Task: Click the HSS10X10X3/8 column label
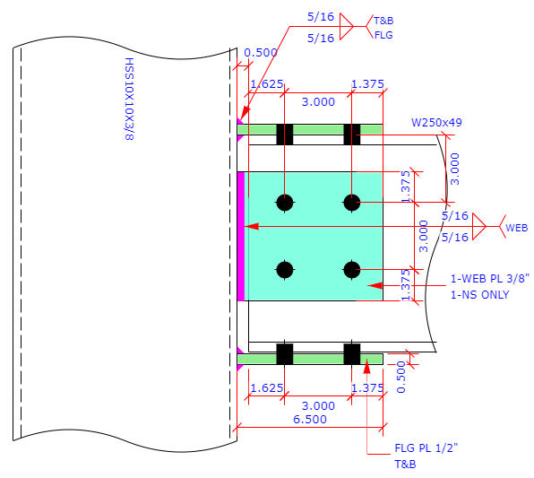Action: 129,100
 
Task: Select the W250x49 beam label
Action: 436,122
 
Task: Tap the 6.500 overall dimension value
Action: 310,419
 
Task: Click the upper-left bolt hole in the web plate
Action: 285,203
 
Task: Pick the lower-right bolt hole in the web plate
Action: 352,270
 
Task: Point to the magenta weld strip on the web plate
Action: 241,236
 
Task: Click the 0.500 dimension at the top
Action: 261,53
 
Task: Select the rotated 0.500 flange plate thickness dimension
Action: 401,377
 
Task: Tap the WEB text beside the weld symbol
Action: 517,228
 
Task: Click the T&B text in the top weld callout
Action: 383,21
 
